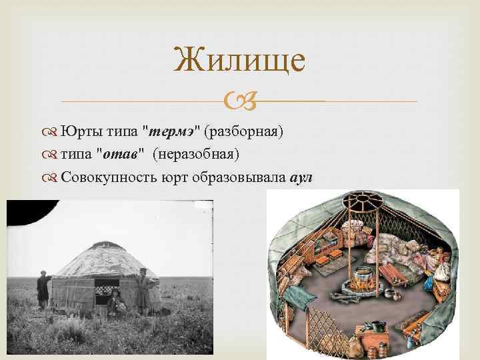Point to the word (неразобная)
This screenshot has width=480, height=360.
[x=196, y=155]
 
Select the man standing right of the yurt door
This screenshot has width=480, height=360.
[x=141, y=288]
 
